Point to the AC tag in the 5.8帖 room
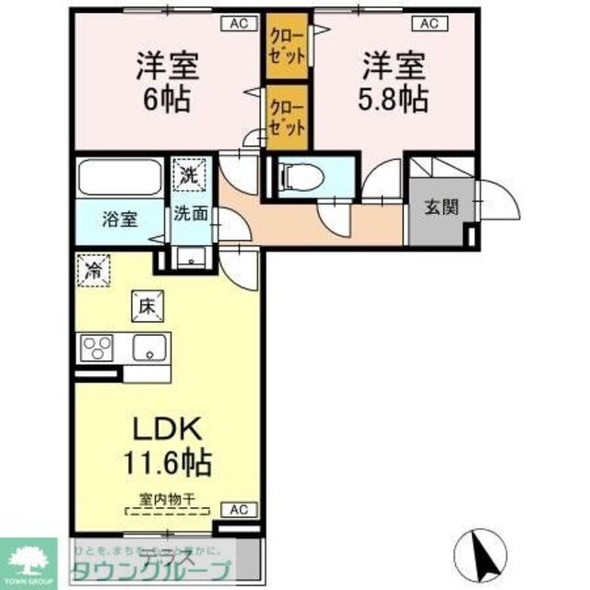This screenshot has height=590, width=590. coord(430,24)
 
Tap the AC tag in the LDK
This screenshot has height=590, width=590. coord(238,509)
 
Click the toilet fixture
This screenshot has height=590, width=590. coord(301,174)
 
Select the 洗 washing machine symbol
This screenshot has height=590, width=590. coord(188,171)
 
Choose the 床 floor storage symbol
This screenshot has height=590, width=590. coord(146,305)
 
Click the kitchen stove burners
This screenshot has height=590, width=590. coord(96,348)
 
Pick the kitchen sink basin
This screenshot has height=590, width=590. coord(147,348)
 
